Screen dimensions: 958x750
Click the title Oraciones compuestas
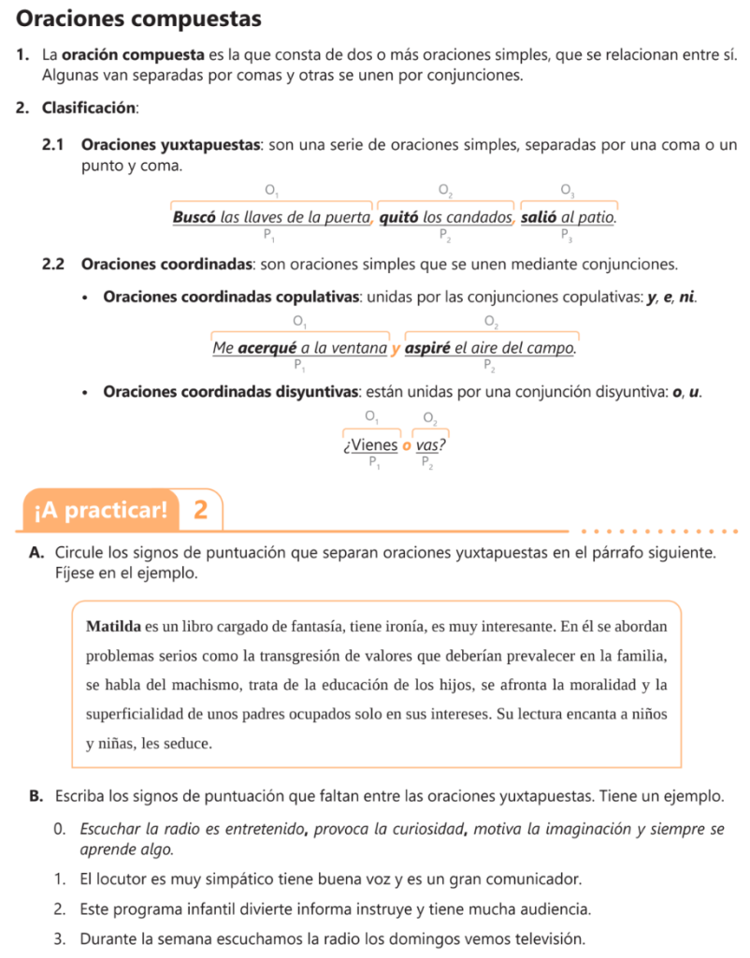click(139, 19)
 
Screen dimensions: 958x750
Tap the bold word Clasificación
click(90, 108)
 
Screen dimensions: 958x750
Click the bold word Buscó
click(195, 217)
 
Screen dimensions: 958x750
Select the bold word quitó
click(400, 217)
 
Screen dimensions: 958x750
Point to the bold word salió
click(540, 217)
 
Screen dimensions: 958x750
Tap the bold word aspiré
click(429, 349)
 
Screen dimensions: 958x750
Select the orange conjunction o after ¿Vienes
click(407, 445)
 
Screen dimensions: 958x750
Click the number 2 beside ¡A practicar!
click(200, 511)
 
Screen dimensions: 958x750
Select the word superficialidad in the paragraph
click(137, 715)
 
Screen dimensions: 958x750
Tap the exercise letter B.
click(35, 797)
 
